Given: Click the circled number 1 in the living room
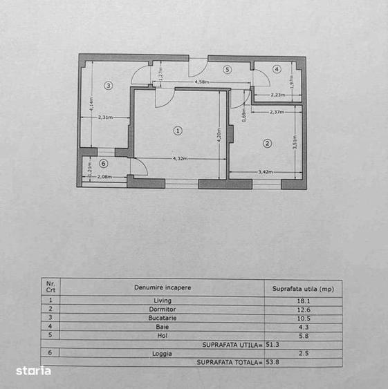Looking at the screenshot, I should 178,130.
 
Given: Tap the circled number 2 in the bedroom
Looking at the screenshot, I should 267,144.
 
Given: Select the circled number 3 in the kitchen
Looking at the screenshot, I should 108,86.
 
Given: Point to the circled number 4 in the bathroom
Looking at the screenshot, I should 277,69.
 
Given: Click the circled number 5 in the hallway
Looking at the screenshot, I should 227,69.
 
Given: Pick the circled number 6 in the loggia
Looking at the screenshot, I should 104,164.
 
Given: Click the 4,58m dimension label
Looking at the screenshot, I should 202,82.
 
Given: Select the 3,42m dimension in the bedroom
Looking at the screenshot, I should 266,172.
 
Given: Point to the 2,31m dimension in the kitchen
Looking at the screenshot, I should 105,117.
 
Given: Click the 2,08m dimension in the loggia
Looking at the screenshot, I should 105,177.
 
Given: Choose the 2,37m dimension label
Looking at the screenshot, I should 277,112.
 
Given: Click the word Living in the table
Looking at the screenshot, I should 163,300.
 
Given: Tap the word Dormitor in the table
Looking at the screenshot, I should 163,309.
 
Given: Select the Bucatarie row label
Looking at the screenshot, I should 163,318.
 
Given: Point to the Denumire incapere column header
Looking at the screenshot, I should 163,287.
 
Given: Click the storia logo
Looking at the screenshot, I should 34,371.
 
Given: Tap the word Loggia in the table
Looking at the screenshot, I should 163,353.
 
